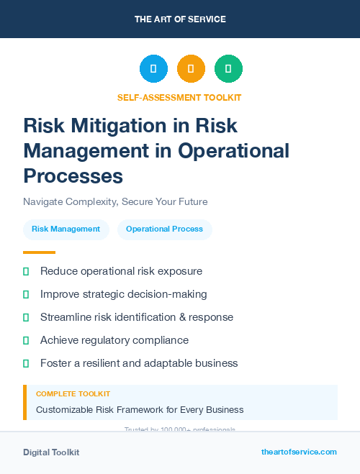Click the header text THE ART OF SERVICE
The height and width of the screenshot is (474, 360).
click(180, 19)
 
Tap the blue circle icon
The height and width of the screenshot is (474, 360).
click(153, 68)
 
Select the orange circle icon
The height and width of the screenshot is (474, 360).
click(191, 68)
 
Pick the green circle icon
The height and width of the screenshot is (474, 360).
click(228, 68)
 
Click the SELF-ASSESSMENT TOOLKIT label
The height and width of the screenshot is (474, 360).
click(179, 97)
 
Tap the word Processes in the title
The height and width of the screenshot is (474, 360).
click(73, 176)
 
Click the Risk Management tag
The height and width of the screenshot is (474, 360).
click(66, 229)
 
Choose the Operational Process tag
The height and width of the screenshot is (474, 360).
click(164, 229)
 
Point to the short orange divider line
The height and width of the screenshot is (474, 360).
click(39, 252)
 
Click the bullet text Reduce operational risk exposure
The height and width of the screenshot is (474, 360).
click(121, 271)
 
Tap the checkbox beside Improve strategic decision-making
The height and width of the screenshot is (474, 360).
click(26, 294)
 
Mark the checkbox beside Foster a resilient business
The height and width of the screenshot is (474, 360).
click(26, 363)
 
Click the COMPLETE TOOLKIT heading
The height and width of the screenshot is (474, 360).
click(73, 394)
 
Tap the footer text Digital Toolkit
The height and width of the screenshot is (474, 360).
click(51, 452)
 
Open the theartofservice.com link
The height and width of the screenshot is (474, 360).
click(299, 452)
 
